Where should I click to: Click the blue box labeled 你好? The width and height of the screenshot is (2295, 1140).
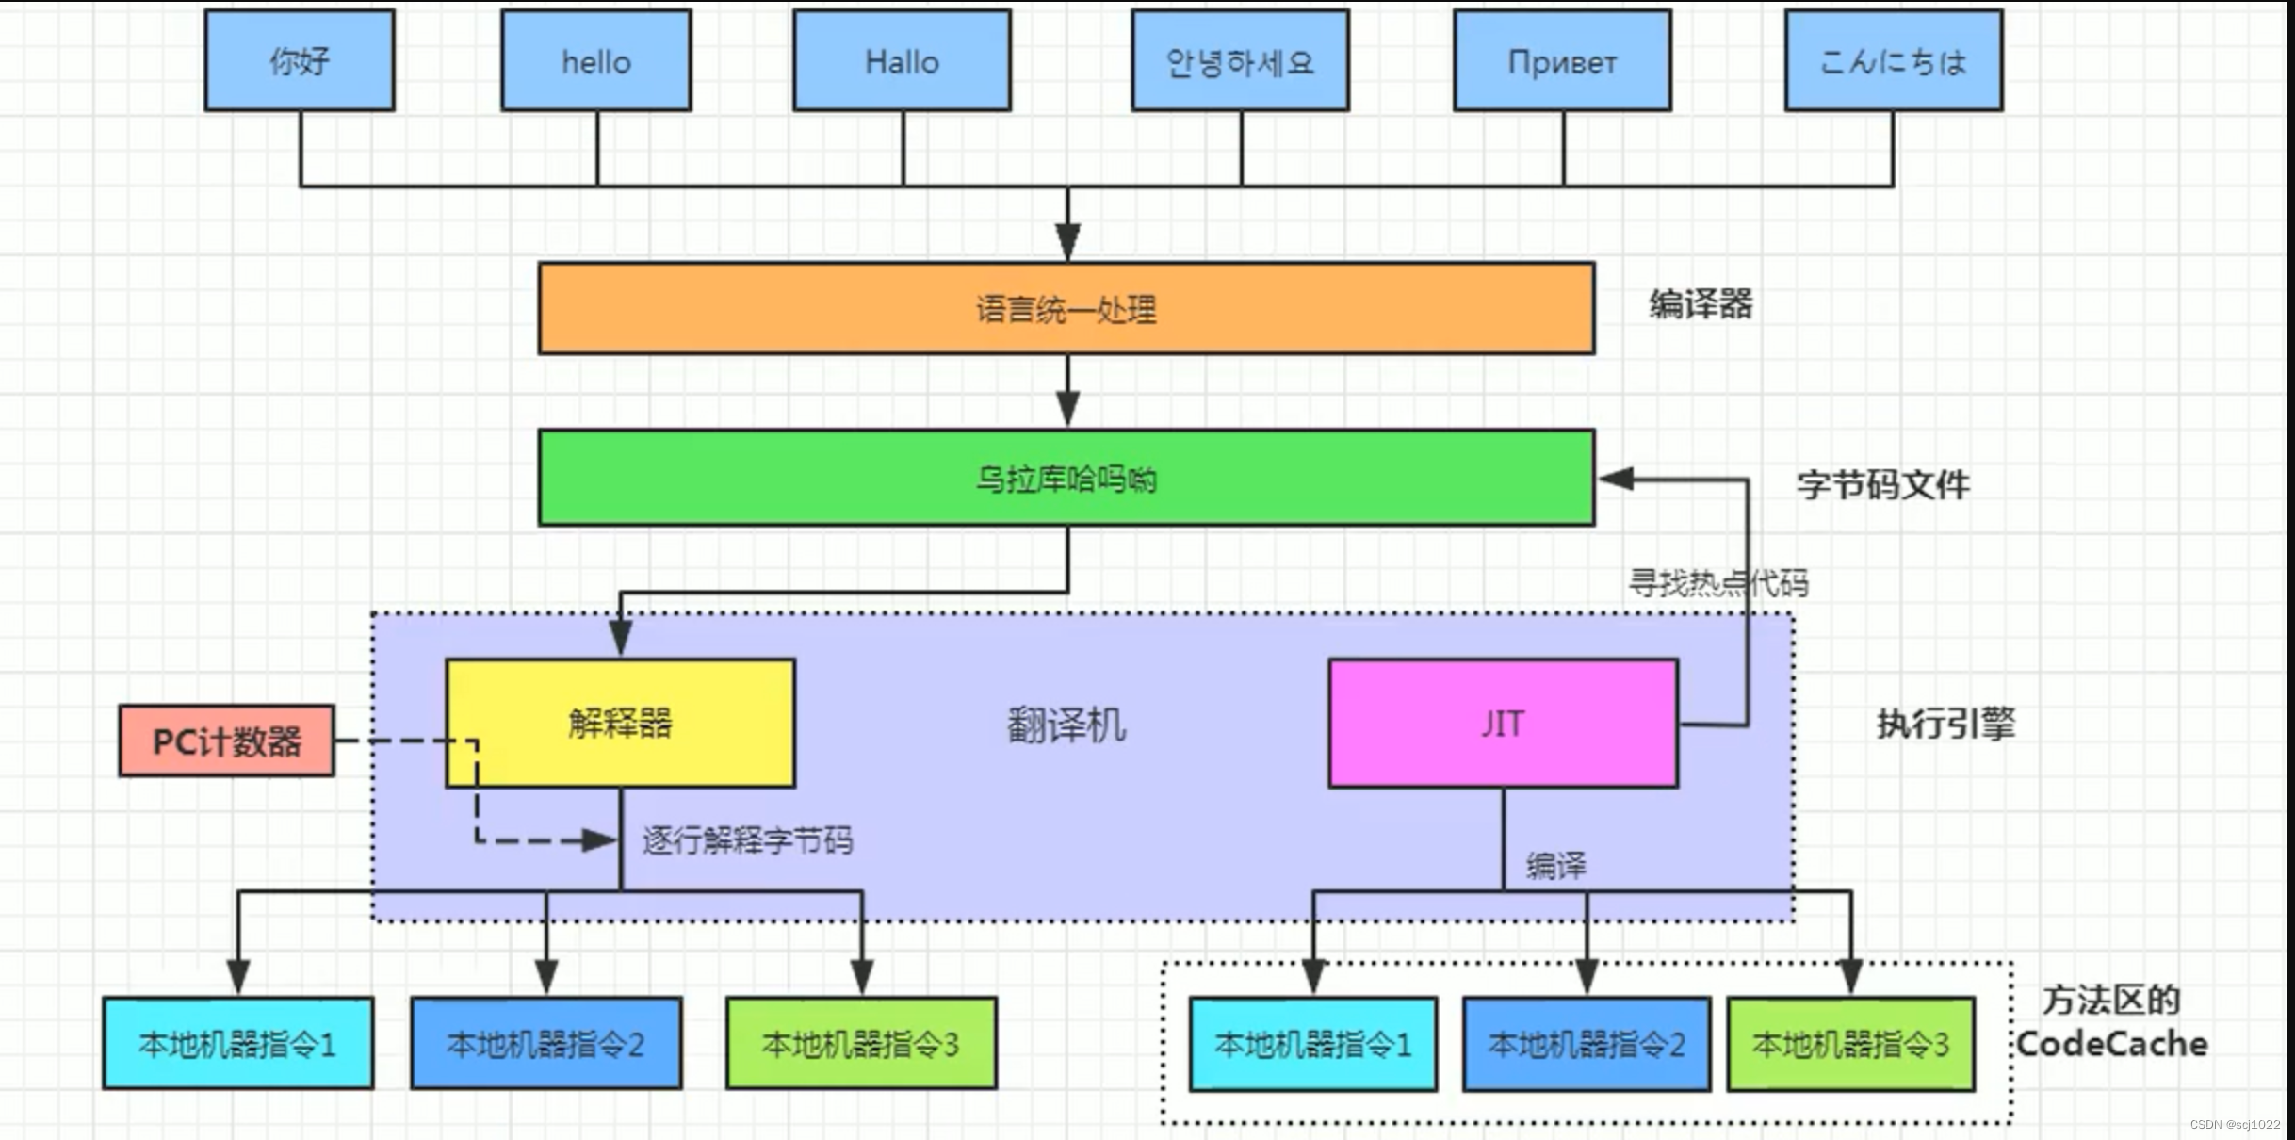tap(300, 61)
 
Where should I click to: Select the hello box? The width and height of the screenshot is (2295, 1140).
tap(595, 61)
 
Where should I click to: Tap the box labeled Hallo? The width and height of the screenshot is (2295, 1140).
tap(902, 61)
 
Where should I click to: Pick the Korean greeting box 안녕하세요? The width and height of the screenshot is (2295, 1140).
tap(1240, 61)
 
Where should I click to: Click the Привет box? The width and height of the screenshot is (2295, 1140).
tap(1562, 61)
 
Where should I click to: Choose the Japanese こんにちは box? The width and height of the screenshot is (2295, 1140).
tap(1894, 61)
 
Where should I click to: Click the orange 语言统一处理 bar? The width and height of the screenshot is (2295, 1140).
tap(1066, 309)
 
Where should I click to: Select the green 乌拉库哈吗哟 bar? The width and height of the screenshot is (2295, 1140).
tap(1066, 479)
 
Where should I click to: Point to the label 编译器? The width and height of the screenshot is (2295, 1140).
tap(1701, 304)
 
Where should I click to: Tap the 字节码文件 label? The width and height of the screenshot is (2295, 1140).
tap(1882, 485)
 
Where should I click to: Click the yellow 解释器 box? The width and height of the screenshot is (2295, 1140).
tap(620, 723)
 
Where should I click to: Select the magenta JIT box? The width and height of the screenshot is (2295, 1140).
tap(1503, 723)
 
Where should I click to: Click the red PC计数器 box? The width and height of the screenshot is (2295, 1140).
tap(226, 741)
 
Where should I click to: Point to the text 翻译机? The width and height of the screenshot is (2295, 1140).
tap(1066, 725)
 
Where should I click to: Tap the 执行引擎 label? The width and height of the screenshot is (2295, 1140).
tap(1945, 724)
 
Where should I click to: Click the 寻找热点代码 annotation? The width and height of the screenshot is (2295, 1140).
tap(1718, 583)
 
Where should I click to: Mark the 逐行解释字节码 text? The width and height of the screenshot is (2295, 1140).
tap(747, 839)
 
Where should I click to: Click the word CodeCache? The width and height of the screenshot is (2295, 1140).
tap(2111, 1044)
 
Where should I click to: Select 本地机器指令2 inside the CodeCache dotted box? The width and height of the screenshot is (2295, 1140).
tap(1586, 1044)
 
